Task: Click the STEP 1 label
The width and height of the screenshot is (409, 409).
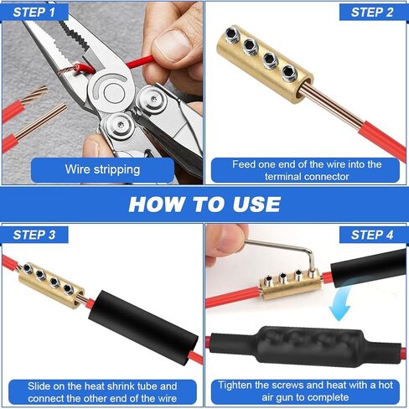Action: (x=34, y=12)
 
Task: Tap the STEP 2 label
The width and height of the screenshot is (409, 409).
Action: (x=372, y=12)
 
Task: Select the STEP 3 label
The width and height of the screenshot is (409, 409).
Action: (x=34, y=235)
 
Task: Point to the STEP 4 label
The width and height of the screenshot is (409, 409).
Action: (x=372, y=235)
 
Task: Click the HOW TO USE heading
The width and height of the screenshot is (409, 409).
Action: (x=204, y=204)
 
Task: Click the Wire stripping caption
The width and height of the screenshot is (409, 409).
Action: (x=103, y=169)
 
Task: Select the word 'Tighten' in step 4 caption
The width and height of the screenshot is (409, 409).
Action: (x=239, y=386)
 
